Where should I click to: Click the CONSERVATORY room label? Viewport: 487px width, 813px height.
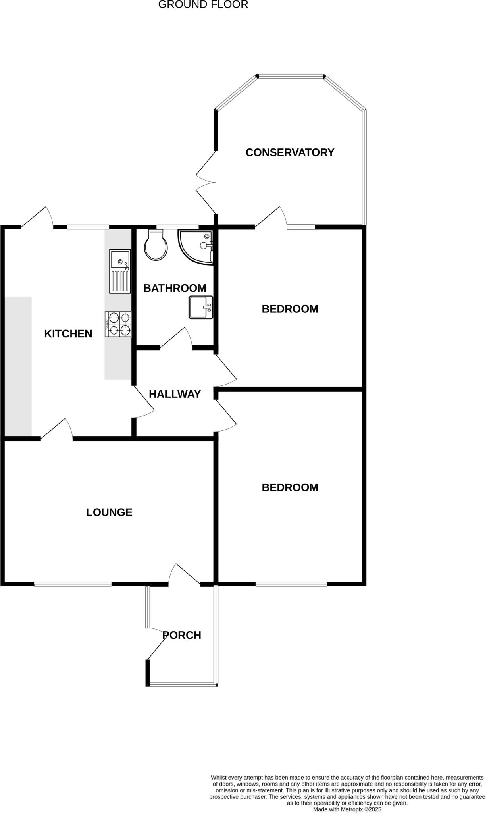[x=290, y=152]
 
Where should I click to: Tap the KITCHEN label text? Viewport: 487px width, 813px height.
[x=68, y=334]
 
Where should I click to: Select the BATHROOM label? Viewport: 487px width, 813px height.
[x=175, y=288]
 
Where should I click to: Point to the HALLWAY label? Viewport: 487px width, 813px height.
[x=175, y=394]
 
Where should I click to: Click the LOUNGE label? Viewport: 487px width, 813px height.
[x=109, y=512]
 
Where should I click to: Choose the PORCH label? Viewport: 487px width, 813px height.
[x=182, y=635]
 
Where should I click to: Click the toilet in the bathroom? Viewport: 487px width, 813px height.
[x=156, y=246]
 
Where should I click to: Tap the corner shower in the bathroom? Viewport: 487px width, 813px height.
[x=197, y=246]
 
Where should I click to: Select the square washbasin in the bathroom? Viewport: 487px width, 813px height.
[x=201, y=307]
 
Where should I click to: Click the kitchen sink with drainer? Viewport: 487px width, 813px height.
[x=120, y=272]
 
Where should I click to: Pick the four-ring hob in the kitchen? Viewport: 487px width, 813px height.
[x=118, y=324]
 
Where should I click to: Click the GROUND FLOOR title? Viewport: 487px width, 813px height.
[x=203, y=5]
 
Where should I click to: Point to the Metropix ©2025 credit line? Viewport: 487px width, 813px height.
[x=347, y=809]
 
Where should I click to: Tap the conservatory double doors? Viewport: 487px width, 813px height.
[x=206, y=183]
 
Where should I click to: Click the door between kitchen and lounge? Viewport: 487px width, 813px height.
[x=57, y=430]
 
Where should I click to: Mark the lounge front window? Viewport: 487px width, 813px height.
[x=73, y=584]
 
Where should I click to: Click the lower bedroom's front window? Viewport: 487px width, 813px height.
[x=291, y=584]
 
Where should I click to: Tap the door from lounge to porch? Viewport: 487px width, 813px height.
[x=184, y=575]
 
